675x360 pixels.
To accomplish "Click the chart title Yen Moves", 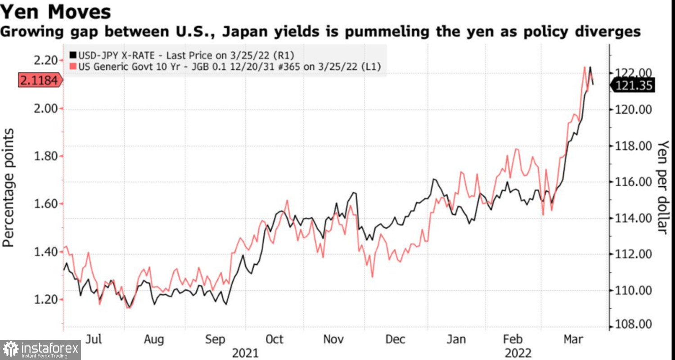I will (x=56, y=12).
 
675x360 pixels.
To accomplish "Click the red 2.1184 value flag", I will (x=40, y=81).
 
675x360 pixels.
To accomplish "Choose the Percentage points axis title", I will (x=9, y=187).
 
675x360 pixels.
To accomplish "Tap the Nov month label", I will (x=333, y=339).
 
